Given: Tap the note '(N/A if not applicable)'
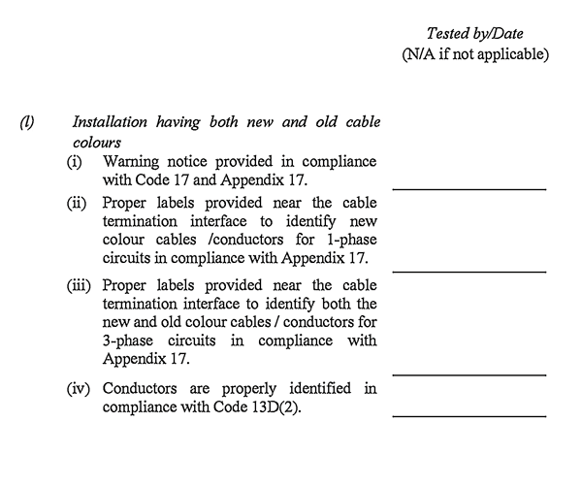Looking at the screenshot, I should pyautogui.click(x=475, y=54).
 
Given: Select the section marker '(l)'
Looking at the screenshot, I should pyautogui.click(x=27, y=123).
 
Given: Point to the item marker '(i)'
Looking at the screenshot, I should pyautogui.click(x=75, y=160).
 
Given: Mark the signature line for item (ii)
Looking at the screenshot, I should pyautogui.click(x=469, y=272).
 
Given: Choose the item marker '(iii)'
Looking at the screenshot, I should pyautogui.click(x=80, y=286).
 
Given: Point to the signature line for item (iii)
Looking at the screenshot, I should pyautogui.click(x=469, y=373).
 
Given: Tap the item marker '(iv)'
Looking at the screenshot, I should pyautogui.click(x=80, y=389).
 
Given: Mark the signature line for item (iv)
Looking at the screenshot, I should pyautogui.click(x=469, y=416).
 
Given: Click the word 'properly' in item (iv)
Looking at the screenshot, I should pyautogui.click(x=248, y=389).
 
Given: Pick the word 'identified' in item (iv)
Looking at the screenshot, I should pyautogui.click(x=324, y=389).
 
